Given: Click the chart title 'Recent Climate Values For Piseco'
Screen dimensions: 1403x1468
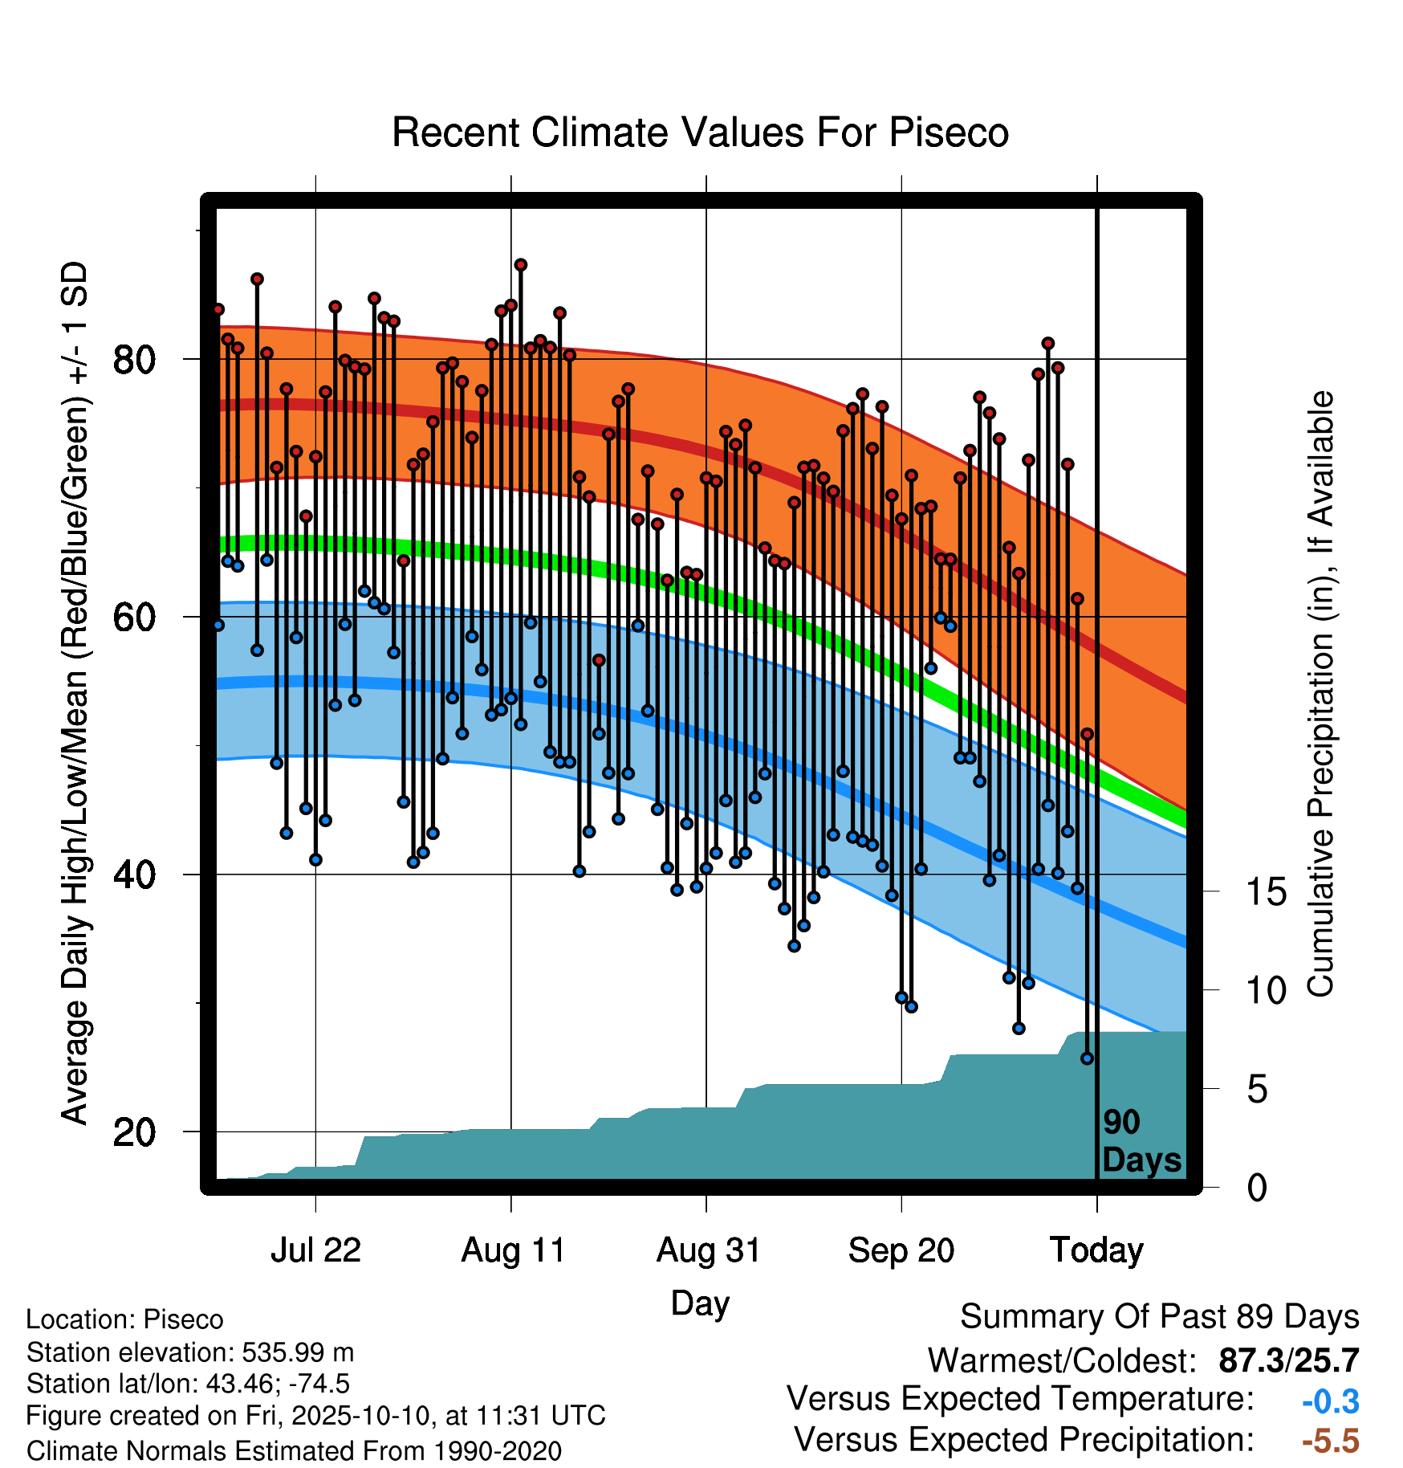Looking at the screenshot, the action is click(700, 133).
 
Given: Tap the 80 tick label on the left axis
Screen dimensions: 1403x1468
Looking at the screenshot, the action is click(134, 360).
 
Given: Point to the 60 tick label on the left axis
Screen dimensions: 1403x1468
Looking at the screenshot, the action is click(134, 618).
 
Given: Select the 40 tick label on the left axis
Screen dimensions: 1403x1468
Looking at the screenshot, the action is click(134, 875).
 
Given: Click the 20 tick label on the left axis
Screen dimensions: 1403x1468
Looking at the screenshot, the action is click(134, 1132).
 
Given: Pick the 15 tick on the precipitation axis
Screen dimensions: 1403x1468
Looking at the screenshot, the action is click(1266, 892).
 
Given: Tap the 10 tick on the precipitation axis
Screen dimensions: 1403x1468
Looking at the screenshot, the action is click(1266, 991).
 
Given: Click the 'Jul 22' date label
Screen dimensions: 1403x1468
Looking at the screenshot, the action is click(315, 1250).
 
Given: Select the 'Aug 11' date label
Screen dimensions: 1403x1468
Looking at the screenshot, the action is click(513, 1250).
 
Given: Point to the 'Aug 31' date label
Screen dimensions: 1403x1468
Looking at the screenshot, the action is click(708, 1250).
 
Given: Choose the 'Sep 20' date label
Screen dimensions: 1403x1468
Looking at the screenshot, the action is click(901, 1250).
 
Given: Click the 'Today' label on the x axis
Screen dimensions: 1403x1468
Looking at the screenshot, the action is click(1096, 1250).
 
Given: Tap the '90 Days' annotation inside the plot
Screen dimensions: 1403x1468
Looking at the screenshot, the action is click(1141, 1141).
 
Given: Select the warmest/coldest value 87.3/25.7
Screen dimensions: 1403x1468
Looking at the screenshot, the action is click(1289, 1360).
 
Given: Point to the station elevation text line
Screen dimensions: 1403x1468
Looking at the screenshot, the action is click(190, 1352).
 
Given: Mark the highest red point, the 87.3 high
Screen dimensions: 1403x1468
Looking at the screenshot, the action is click(521, 265).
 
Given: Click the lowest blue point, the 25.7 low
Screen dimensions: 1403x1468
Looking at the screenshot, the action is click(1087, 1058).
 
